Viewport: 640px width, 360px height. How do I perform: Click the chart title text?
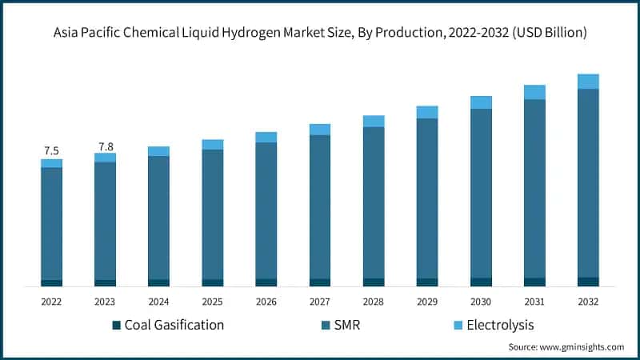(320, 33)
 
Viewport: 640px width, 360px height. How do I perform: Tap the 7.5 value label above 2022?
(51, 150)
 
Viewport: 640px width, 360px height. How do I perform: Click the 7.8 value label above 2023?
(106, 146)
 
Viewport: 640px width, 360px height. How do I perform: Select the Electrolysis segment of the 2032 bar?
(588, 81)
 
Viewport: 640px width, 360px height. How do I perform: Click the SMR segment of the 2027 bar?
(320, 206)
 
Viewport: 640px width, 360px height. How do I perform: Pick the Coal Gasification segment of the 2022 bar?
(52, 282)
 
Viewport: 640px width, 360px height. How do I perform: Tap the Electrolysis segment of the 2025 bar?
(213, 145)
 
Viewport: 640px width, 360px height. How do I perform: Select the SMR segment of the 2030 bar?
(481, 193)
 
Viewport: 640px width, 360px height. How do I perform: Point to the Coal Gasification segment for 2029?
(427, 282)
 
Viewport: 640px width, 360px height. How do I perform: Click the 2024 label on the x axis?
(159, 302)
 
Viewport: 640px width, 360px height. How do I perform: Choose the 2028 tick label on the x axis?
(374, 302)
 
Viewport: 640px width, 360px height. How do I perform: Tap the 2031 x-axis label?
(534, 302)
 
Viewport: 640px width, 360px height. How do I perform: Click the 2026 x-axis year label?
(266, 302)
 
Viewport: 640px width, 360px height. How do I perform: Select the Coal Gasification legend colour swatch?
(116, 325)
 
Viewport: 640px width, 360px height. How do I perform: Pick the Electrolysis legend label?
(499, 325)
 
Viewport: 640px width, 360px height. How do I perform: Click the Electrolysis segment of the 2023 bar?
(106, 158)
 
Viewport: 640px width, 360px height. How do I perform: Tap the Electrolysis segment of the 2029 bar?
(427, 112)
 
